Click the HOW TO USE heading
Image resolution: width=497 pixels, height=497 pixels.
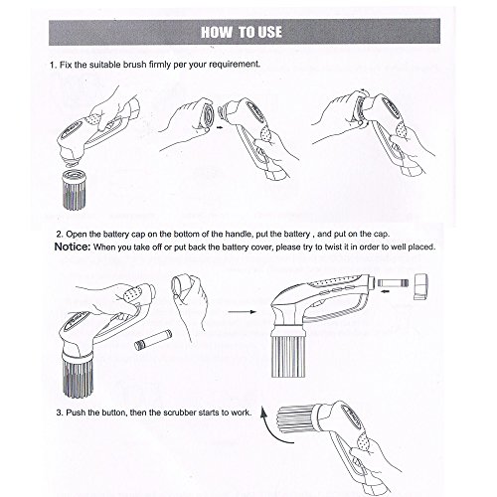point(242,32)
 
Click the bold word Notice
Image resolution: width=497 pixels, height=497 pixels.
point(72,247)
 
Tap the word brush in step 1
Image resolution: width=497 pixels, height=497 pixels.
point(134,65)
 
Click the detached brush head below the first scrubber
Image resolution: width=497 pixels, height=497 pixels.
point(76,190)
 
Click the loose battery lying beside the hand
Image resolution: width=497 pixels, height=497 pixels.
point(153,340)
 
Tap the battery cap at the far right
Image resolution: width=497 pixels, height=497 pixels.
point(421,286)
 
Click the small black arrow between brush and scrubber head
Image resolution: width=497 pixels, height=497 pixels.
point(219,127)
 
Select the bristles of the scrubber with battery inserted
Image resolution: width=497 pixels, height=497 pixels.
point(287,357)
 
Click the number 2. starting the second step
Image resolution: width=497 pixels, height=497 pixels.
point(60,235)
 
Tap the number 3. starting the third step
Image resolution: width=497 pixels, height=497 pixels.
point(60,413)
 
